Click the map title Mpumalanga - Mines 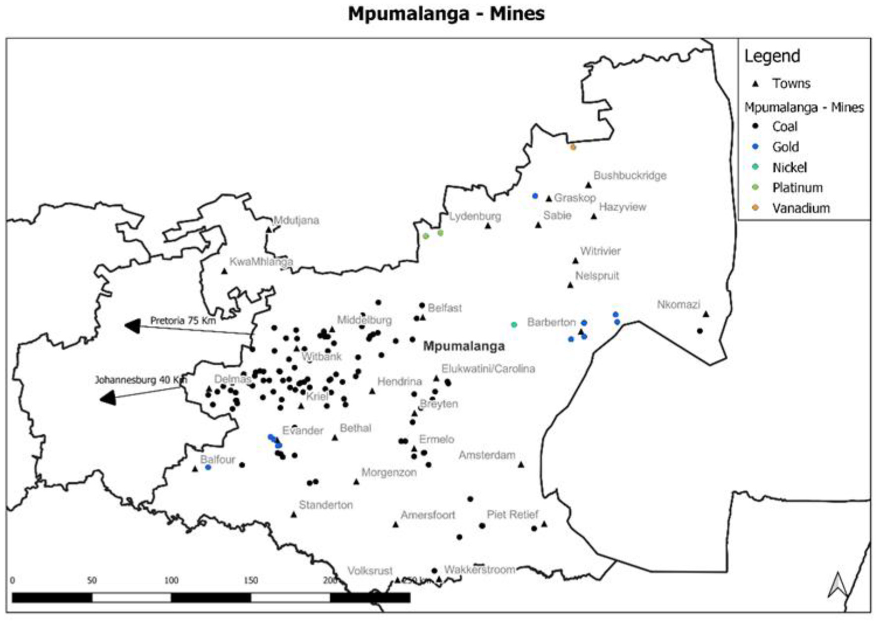446,13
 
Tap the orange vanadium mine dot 573,147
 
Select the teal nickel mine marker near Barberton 514,325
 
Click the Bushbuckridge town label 629,175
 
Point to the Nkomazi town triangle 706,314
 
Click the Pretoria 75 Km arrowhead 132,326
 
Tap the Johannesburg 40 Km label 141,380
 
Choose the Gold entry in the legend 785,147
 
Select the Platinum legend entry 797,187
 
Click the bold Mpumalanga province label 463,346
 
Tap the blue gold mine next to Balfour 208,467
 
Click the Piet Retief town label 512,514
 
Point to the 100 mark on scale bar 171,580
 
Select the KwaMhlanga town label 261,261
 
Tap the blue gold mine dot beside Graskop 535,196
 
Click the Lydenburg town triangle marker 488,226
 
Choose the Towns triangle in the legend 755,84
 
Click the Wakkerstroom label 479,569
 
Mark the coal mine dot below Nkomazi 700,331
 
